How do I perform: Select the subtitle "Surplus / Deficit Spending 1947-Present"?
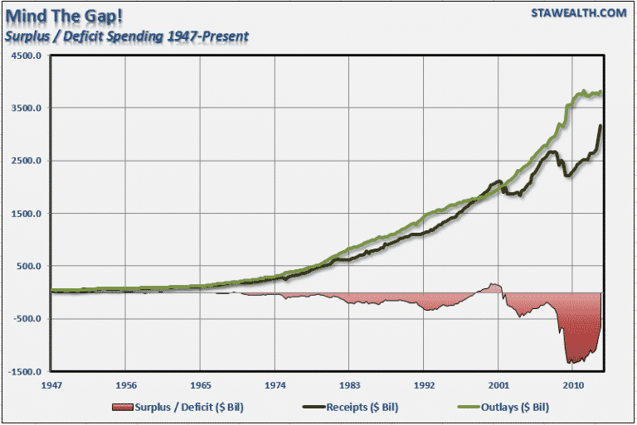124,36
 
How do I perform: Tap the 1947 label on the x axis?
51,385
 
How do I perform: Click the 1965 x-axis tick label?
201,385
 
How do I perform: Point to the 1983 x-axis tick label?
349,385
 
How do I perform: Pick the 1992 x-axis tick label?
424,385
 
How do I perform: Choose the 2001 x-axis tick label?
498,385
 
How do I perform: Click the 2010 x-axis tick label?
572,385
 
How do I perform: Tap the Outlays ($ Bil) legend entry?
510,408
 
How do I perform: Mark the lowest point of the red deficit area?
569,363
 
